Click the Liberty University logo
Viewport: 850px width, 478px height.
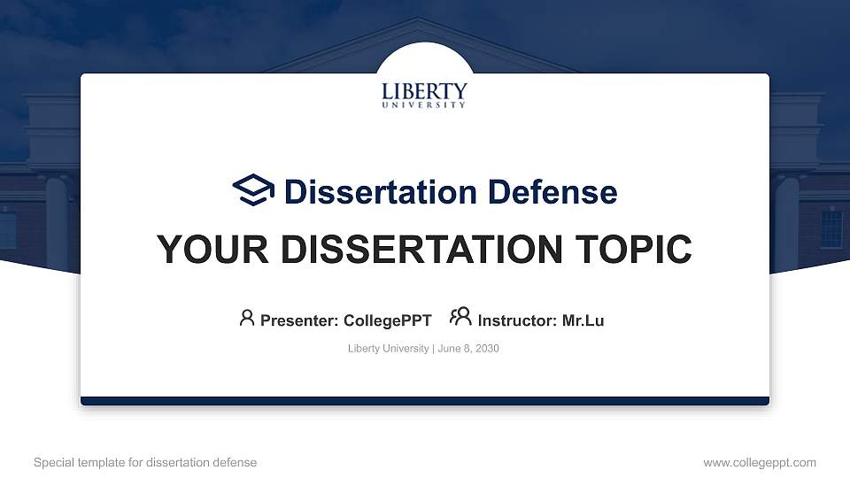click(x=424, y=95)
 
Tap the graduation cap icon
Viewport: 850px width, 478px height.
click(x=253, y=190)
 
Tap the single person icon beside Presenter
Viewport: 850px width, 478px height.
click(x=247, y=318)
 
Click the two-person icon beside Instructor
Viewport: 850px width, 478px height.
click(x=460, y=317)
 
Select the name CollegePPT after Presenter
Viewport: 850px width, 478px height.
click(x=387, y=320)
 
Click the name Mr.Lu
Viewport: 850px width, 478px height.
click(x=583, y=320)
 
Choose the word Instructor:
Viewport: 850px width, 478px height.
click(x=517, y=320)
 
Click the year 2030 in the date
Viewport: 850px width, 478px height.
click(x=487, y=349)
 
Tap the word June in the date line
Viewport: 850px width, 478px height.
click(x=450, y=349)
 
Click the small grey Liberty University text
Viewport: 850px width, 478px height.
click(x=389, y=349)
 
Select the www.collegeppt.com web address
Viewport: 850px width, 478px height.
click(x=759, y=463)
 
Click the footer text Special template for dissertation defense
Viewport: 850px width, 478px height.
click(x=145, y=463)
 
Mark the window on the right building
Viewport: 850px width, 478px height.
click(x=831, y=228)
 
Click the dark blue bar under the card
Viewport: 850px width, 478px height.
click(x=425, y=401)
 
